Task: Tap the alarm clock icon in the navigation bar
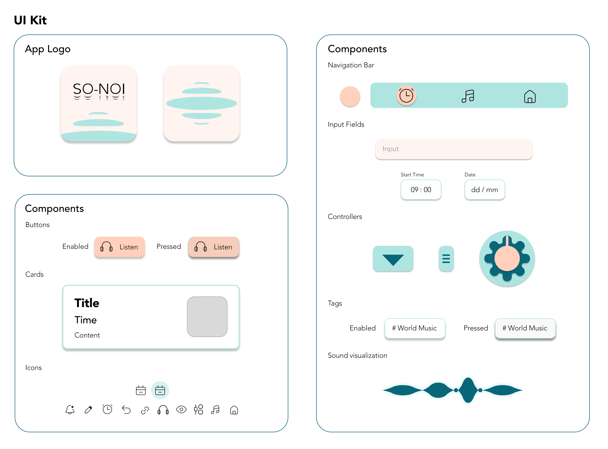pos(406,96)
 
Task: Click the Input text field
pos(454,149)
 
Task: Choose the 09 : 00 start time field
pos(421,190)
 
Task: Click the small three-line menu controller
pos(446,258)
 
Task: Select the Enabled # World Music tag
pos(415,328)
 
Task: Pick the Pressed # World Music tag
pos(525,328)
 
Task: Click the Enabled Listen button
pos(120,247)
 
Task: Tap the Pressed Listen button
pos(214,247)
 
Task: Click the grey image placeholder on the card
pos(207,317)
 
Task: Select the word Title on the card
pos(87,303)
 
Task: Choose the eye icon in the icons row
pos(181,410)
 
